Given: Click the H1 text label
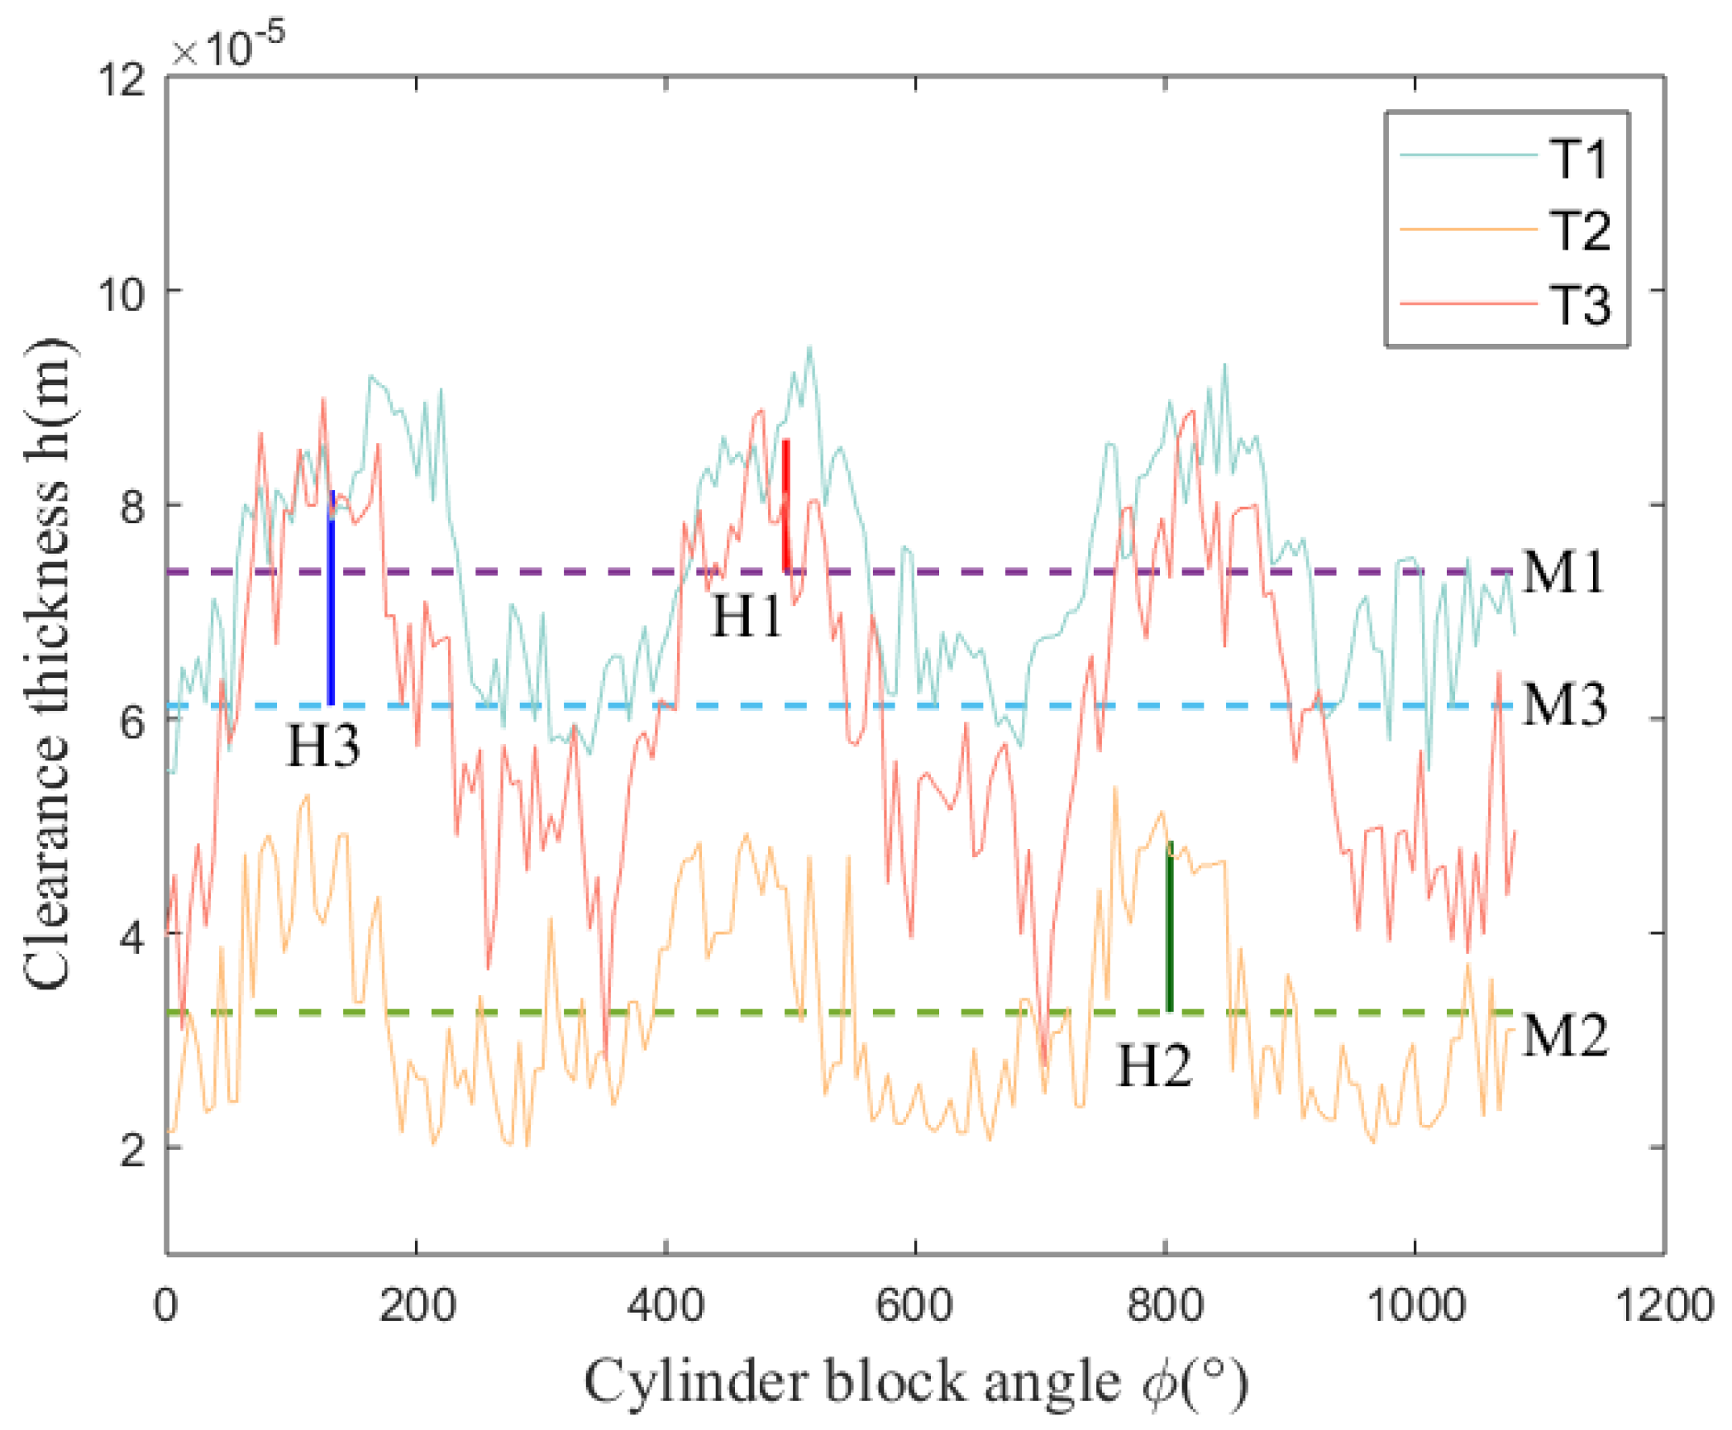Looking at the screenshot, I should tap(747, 617).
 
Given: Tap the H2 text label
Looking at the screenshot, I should tap(1154, 1066).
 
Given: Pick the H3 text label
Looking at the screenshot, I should tap(323, 746).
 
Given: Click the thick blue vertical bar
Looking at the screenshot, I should tap(331, 599).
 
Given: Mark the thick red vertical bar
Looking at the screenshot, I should tap(786, 506).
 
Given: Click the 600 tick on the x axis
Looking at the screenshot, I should tap(914, 1306).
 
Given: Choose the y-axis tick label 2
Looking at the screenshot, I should tap(132, 1150).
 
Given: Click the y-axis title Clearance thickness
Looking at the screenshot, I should tap(47, 661).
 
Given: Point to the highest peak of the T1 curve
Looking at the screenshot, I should tap(810, 348).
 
